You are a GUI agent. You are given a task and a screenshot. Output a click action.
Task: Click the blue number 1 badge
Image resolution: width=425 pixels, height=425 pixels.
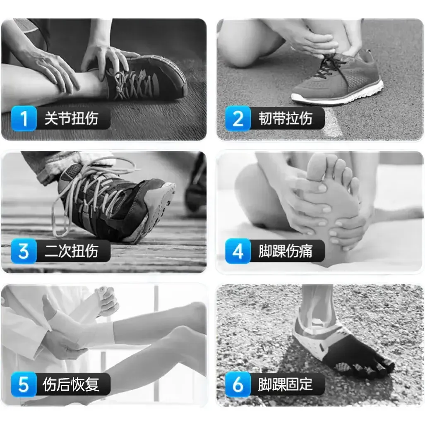(24, 118)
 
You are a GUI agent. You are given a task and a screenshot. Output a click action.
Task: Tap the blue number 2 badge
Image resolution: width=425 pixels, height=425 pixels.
(238, 118)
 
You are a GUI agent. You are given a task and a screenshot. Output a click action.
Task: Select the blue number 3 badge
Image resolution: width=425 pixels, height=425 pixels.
(24, 251)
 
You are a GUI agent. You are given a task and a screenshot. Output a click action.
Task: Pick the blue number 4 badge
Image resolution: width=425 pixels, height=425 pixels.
(238, 251)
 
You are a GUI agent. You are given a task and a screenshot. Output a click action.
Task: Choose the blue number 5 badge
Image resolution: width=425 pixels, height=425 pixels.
(24, 384)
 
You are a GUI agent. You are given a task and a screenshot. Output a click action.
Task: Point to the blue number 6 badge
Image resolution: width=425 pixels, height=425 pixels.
(238, 384)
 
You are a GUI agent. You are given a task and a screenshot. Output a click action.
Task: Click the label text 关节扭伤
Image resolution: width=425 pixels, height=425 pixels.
(71, 118)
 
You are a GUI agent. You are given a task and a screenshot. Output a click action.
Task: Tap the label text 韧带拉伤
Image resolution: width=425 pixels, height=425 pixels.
(286, 118)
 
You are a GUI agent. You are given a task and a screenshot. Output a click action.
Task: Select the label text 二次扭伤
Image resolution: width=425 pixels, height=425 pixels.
(71, 251)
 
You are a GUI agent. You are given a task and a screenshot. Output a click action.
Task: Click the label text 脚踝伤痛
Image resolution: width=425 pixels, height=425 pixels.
(286, 251)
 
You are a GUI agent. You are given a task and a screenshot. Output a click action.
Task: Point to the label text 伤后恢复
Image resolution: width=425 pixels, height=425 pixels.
(71, 384)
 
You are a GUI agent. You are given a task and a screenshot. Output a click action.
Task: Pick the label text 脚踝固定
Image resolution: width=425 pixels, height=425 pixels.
(286, 384)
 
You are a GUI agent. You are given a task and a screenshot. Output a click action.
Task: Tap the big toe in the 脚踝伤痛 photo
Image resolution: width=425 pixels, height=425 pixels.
(317, 166)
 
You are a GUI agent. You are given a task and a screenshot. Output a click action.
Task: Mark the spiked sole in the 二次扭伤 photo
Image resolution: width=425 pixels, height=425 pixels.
(160, 209)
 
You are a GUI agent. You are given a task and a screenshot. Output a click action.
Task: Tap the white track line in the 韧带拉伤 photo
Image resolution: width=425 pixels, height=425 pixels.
(332, 122)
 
